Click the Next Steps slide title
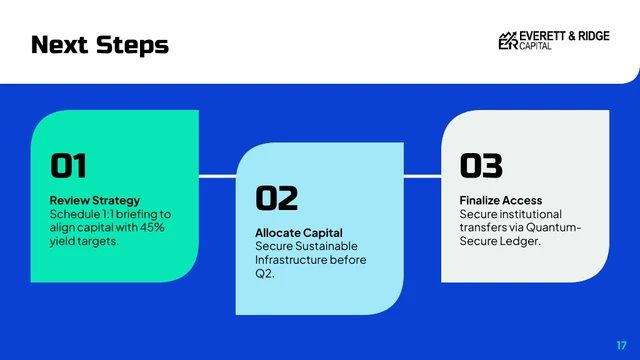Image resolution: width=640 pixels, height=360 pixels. [100, 45]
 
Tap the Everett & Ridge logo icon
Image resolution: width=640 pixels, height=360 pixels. [508, 40]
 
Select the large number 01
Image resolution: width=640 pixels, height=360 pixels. [68, 165]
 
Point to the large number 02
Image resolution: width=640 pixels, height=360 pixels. [276, 198]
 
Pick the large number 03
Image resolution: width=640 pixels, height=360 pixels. [481, 165]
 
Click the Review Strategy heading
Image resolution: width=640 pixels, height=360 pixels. [95, 201]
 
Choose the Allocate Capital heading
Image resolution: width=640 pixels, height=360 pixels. [298, 233]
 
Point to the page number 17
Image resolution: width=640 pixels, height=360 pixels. [621, 344]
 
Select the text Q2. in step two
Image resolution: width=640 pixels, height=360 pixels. [264, 274]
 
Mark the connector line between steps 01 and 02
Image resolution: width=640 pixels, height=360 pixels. [218, 176]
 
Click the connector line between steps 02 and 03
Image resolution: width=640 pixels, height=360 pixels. [422, 176]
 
